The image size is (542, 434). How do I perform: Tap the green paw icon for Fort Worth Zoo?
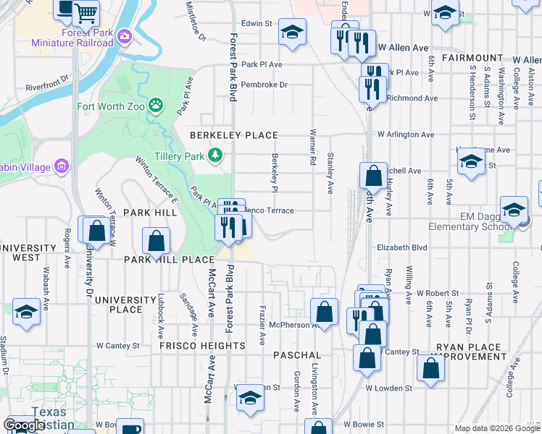coord(156,106)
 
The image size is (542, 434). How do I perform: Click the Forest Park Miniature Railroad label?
coord(72,38)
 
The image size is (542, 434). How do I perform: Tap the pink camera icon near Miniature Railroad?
coord(125,35)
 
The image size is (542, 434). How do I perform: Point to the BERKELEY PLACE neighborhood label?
coord(234,135)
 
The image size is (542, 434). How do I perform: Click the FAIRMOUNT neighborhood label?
coord(471,57)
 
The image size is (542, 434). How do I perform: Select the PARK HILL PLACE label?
coord(169,259)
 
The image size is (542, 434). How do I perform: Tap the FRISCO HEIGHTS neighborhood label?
coord(202,346)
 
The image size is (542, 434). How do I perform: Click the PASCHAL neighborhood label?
coord(297,355)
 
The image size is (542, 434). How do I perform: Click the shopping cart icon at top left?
coord(86,12)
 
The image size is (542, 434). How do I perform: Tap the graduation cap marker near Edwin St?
coord(292,32)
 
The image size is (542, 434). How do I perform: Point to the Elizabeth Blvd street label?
coord(402,247)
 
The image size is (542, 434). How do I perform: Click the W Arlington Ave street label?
coord(405,135)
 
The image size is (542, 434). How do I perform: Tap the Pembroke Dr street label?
coord(264,85)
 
